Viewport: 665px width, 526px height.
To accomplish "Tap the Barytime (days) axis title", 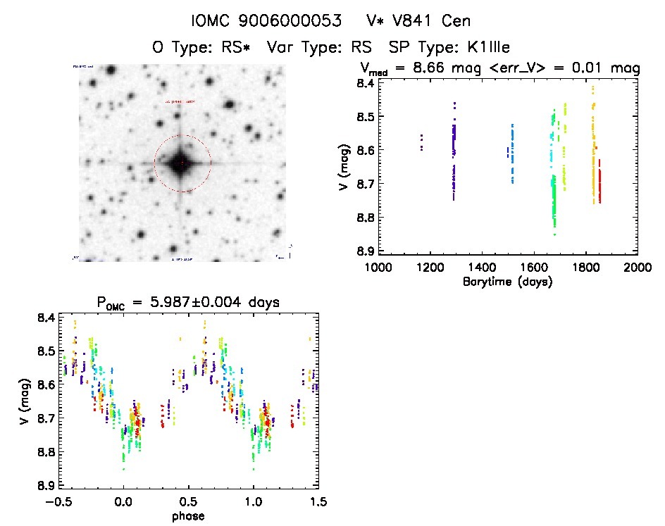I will click(x=506, y=282).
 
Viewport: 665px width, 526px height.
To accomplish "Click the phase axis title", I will click(x=188, y=515).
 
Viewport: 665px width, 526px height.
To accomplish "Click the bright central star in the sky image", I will click(x=182, y=163).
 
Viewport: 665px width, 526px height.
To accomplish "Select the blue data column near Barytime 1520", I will click(x=512, y=155).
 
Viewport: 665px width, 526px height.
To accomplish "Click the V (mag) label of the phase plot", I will click(x=25, y=401).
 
